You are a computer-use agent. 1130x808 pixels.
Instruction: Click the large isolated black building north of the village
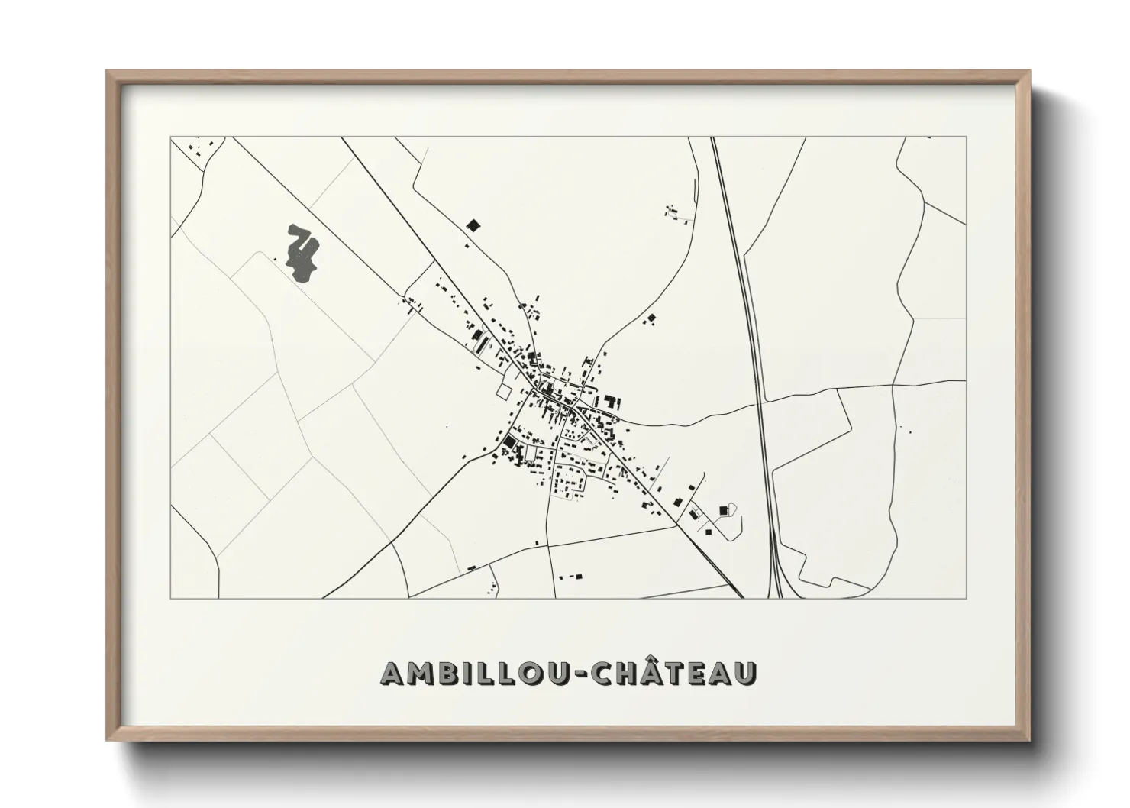click(x=473, y=225)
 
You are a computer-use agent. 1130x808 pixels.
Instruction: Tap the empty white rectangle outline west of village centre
click(x=503, y=390)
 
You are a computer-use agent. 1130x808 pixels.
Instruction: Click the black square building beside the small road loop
click(x=723, y=509)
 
